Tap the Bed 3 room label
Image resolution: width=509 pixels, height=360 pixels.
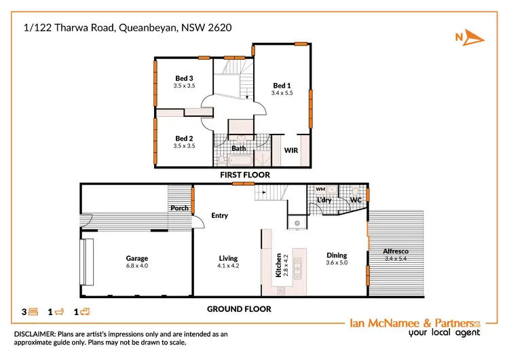click(x=184, y=79)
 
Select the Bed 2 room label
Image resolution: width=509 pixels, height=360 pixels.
click(x=184, y=138)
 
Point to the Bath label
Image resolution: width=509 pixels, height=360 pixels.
click(x=238, y=148)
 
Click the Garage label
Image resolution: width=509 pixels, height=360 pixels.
click(x=136, y=258)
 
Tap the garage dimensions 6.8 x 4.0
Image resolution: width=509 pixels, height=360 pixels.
click(x=136, y=266)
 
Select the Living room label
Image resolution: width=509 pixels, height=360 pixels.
click(x=228, y=258)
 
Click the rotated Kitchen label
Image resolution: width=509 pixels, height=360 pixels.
click(x=278, y=263)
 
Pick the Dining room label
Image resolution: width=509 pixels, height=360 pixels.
click(x=337, y=255)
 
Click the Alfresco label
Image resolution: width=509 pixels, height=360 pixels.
click(x=396, y=251)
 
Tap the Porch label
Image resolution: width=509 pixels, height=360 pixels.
click(x=179, y=209)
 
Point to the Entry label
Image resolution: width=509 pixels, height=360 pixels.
click(x=219, y=216)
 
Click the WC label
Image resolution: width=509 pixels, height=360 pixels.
click(x=355, y=200)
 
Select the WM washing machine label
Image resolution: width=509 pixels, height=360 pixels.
click(x=320, y=188)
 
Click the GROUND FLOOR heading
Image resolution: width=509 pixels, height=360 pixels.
click(x=239, y=309)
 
